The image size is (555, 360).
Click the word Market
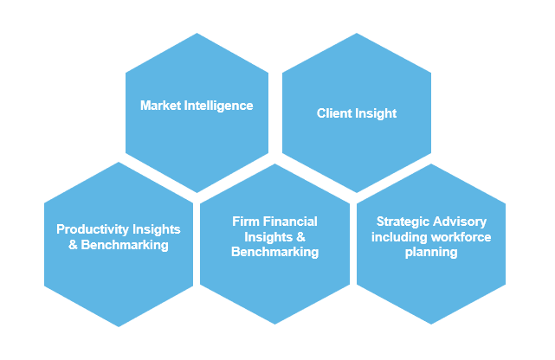click(x=160, y=106)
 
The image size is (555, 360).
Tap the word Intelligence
click(x=217, y=106)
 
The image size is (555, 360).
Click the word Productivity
click(x=93, y=229)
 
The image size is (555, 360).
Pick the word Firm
click(x=245, y=222)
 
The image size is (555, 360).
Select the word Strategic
click(x=401, y=222)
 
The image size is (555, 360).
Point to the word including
click(x=398, y=237)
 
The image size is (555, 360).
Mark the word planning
click(x=430, y=253)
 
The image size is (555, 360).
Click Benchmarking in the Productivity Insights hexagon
click(x=125, y=245)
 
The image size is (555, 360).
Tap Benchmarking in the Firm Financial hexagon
click(x=274, y=253)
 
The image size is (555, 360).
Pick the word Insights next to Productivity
click(x=157, y=229)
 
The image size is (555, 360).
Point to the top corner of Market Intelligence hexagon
click(x=197, y=33)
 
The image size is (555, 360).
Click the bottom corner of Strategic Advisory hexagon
click(x=431, y=326)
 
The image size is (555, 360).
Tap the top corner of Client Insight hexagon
click(x=357, y=33)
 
